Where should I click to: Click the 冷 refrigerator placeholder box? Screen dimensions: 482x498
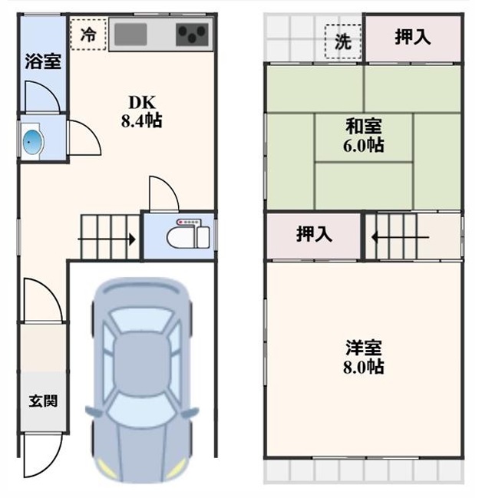88,35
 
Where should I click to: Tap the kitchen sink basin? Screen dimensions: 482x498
130,35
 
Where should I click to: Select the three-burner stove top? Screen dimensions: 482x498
192,35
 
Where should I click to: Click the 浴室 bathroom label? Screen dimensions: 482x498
43,61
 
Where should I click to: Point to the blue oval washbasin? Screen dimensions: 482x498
33,143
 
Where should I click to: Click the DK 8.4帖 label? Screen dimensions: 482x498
141,111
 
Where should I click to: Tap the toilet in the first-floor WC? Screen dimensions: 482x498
188,234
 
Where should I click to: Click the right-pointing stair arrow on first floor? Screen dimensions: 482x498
107,239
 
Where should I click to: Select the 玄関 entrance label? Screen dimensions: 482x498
43,401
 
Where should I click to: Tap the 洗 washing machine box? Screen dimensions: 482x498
343,41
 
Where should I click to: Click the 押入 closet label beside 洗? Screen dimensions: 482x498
413,37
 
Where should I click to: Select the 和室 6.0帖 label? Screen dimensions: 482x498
364,136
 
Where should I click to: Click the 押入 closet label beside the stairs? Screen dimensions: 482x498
314,234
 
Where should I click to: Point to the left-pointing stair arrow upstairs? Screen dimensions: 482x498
401,237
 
